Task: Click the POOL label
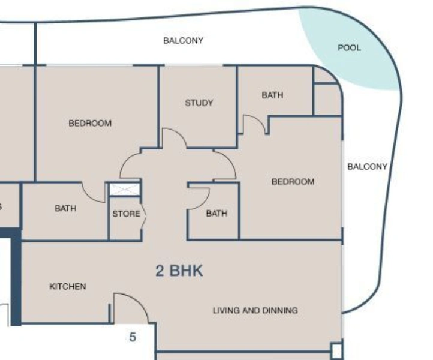click(350, 47)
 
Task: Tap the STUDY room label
click(199, 103)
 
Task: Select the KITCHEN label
click(68, 286)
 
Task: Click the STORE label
click(126, 214)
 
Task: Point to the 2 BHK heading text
click(179, 271)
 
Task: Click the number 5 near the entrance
click(133, 337)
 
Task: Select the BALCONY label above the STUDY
click(183, 40)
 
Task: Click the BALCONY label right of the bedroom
click(368, 166)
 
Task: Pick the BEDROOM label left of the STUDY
click(90, 123)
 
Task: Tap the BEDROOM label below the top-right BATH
click(293, 181)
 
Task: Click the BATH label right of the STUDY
click(272, 95)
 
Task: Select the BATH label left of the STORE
click(65, 208)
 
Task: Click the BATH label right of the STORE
click(217, 213)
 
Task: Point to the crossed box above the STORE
click(125, 190)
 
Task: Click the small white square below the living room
click(336, 350)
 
